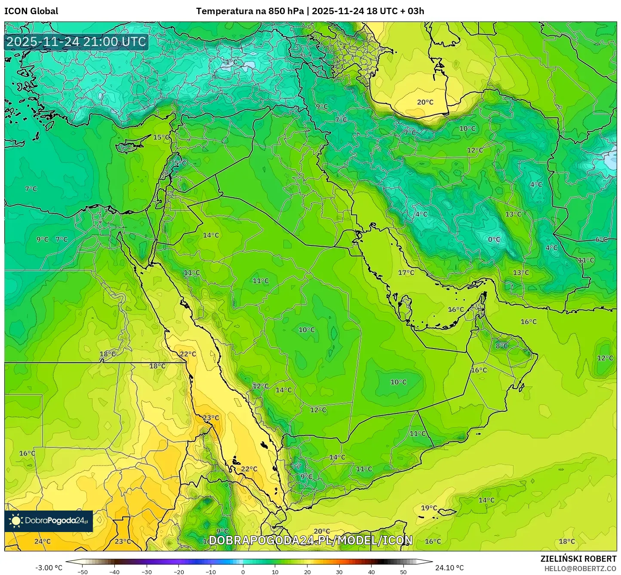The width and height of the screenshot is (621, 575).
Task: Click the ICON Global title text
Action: [x=31, y=11]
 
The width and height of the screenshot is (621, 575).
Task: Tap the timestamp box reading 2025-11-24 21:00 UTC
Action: [x=77, y=42]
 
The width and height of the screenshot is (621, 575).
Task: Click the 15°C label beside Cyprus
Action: [x=161, y=138]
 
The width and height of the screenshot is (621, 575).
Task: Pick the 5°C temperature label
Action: [x=180, y=164]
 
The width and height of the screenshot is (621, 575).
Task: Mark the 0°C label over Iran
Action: [x=494, y=240]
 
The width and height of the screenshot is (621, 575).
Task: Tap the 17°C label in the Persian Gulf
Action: [x=406, y=273]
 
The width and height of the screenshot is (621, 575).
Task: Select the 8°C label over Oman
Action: [x=501, y=346]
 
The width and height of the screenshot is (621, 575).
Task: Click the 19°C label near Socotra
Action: [x=429, y=508]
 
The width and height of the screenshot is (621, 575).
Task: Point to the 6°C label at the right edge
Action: [x=601, y=240]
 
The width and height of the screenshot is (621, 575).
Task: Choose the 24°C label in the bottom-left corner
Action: [x=42, y=541]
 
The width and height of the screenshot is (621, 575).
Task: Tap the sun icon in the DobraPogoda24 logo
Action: [x=16, y=521]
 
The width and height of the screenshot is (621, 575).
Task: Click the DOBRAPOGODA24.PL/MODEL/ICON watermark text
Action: [x=310, y=540]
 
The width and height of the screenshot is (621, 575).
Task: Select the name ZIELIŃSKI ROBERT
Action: [x=578, y=559]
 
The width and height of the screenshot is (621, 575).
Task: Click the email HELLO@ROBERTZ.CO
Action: [x=580, y=568]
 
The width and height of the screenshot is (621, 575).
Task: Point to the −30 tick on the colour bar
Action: [x=147, y=572]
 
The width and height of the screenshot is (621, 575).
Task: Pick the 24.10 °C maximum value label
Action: [x=449, y=568]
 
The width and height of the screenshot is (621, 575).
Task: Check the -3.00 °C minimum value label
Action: [x=49, y=568]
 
